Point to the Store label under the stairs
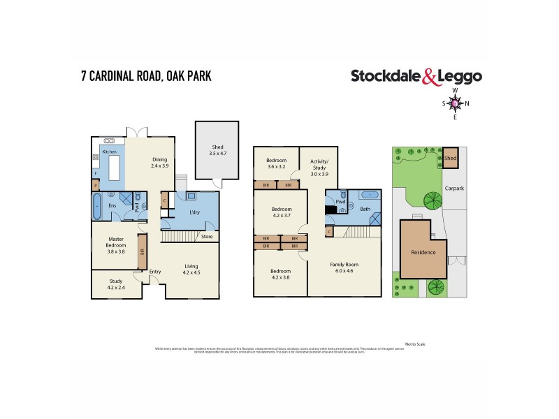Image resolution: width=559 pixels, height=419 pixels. point(207,236)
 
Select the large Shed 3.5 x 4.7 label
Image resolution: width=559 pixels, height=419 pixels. point(218,149)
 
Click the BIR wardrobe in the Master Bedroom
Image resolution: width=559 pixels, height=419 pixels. point(143,251)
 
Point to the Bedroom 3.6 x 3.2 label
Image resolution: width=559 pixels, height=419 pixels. point(277,163)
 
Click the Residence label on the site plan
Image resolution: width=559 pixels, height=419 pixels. point(423,252)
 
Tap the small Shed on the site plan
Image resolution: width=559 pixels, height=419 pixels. point(451,159)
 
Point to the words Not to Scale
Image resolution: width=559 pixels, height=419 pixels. point(414,344)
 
